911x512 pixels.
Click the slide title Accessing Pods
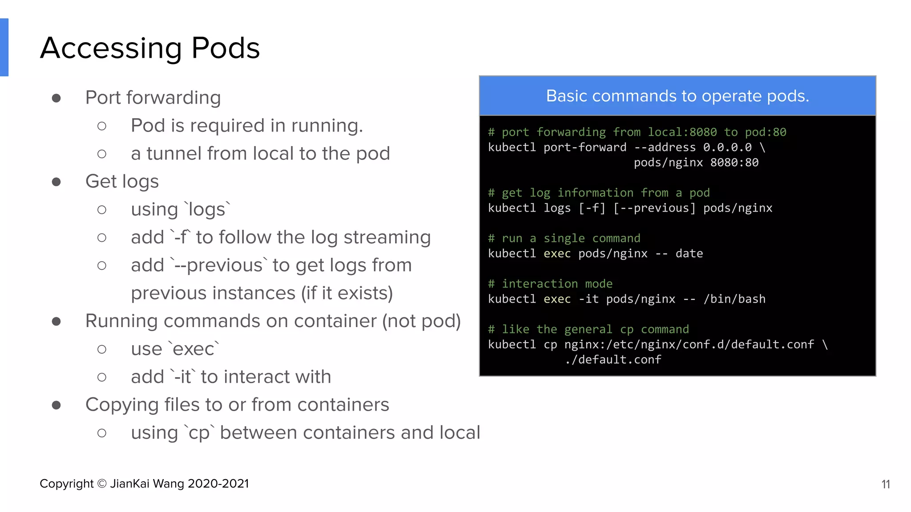click(x=150, y=48)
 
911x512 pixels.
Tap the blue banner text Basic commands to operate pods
click(x=677, y=96)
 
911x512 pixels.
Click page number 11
click(x=885, y=484)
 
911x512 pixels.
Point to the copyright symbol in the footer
click(x=102, y=484)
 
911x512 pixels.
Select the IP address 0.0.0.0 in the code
click(x=727, y=148)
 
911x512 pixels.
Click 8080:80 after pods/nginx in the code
click(x=734, y=163)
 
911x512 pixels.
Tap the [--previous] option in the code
click(x=654, y=208)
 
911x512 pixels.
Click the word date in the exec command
click(x=689, y=253)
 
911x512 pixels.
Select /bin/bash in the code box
click(x=734, y=299)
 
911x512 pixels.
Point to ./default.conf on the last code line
click(x=613, y=360)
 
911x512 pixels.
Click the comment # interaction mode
click(x=550, y=284)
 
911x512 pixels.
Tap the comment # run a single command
click(x=564, y=238)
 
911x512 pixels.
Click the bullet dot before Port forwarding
click(x=56, y=98)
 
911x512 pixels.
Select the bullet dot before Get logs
click(x=56, y=182)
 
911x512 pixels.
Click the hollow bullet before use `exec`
click(x=102, y=349)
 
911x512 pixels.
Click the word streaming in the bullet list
click(x=387, y=237)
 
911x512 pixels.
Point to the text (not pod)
click(x=421, y=321)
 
